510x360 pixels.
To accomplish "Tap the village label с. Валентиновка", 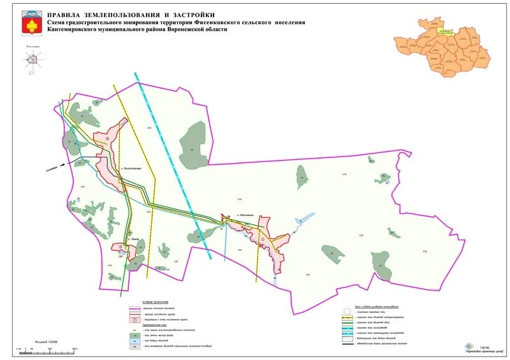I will pos(136,169).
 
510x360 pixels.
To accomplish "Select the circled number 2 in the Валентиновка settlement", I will pos(108,138).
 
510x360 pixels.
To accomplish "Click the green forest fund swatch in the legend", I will pos(134,335).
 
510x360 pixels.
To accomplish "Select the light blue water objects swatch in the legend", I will pos(134,341).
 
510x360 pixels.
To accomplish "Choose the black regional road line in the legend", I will pos(347,343).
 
